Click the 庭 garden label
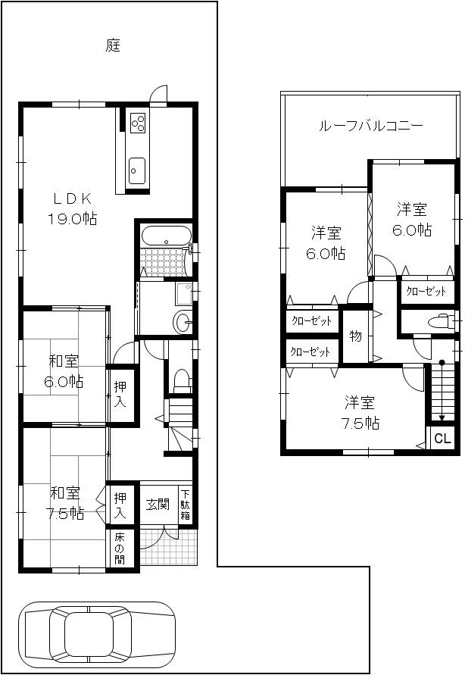point(113,45)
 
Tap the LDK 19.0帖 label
point(73,208)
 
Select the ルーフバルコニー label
point(370,127)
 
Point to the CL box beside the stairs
point(442,439)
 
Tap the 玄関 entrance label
point(157,503)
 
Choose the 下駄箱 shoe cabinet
point(185,505)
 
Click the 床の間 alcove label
point(120,549)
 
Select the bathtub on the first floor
point(166,235)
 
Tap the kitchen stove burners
point(138,122)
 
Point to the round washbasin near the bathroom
point(182,323)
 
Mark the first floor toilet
point(180,378)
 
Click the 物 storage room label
point(354,335)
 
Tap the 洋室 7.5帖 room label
point(360,413)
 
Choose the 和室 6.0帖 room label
point(64,370)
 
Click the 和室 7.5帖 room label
point(64,503)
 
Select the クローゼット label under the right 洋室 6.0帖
point(425,291)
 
